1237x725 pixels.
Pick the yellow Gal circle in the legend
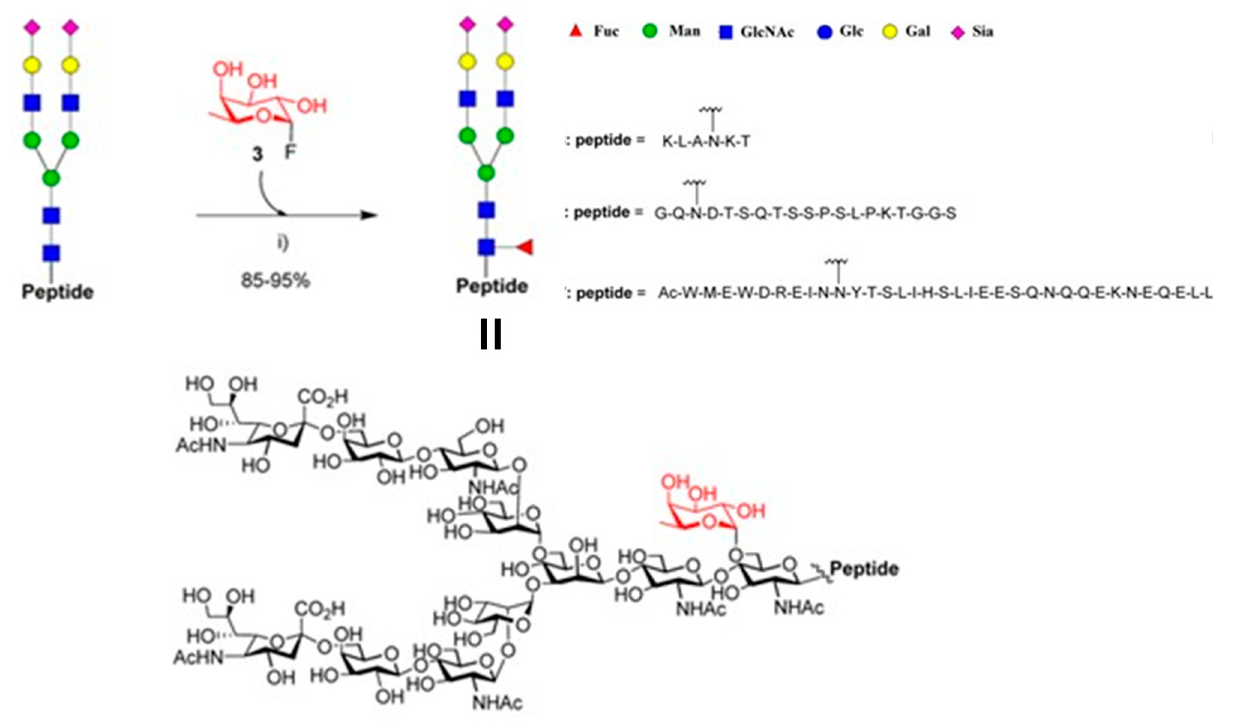890,32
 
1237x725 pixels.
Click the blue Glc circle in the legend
825,32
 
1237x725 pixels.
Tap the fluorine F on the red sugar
290,152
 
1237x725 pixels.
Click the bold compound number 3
257,154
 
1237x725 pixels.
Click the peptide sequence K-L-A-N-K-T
706,142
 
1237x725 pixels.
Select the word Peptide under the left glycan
57,292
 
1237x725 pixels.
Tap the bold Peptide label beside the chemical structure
864,569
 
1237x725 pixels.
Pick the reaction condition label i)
283,243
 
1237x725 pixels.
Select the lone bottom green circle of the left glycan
51,178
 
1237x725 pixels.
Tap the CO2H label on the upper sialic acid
322,396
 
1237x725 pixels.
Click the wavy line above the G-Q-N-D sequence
695,184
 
